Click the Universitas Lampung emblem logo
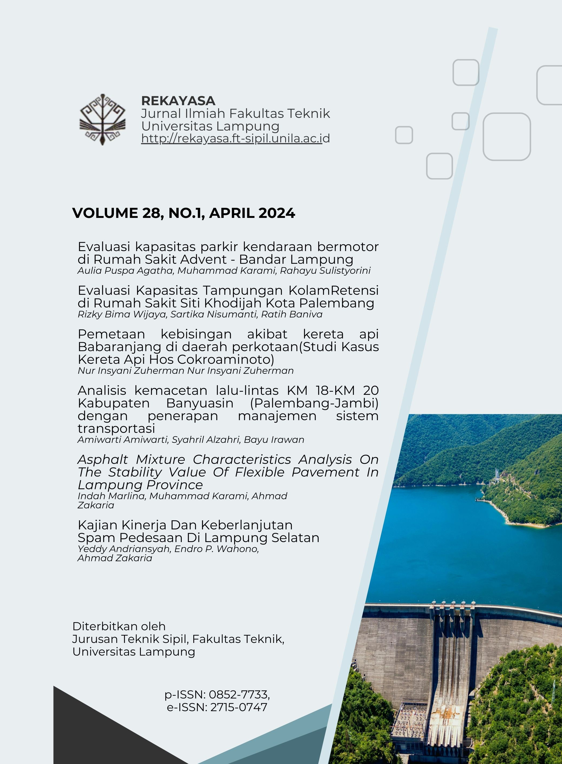coord(102,119)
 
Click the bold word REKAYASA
coord(178,101)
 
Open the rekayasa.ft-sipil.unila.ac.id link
coord(235,138)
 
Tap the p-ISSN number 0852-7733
coord(239,694)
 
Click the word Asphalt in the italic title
coord(103,460)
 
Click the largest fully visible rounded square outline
coord(507,136)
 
